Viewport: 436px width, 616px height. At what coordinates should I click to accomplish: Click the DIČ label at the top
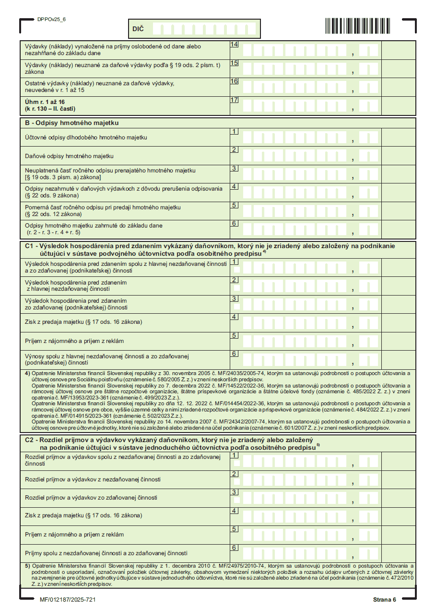click(x=138, y=29)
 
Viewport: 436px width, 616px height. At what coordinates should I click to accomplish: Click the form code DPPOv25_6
click(x=51, y=20)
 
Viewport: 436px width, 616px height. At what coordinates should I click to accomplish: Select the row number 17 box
click(x=234, y=100)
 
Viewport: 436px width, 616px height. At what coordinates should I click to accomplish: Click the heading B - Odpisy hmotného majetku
click(x=71, y=123)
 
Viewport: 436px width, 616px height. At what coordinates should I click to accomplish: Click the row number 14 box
click(x=234, y=45)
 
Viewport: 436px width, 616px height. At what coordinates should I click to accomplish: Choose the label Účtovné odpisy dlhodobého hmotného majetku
click(x=86, y=138)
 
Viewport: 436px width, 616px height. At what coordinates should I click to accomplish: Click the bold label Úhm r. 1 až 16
click(x=45, y=102)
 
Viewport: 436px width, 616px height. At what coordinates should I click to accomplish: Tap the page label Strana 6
click(x=385, y=600)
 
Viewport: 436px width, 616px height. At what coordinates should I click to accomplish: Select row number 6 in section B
click(x=234, y=223)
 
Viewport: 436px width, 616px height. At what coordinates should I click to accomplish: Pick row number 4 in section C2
click(x=234, y=511)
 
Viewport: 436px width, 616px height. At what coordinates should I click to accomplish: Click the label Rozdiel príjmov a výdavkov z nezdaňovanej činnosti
click(x=93, y=479)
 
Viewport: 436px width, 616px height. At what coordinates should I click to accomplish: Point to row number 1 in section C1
click(x=234, y=262)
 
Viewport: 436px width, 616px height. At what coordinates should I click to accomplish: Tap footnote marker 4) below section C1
click(x=27, y=373)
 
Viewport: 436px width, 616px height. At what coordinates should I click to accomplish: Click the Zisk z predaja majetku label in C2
click(x=83, y=516)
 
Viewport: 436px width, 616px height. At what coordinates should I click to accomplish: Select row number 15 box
click(x=234, y=63)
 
